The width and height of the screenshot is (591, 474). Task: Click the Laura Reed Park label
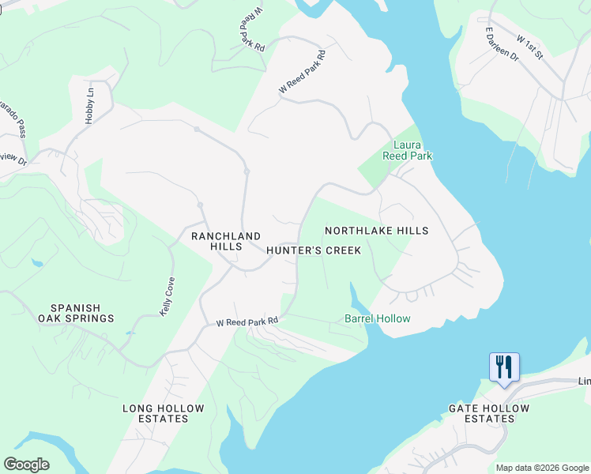pos(412,150)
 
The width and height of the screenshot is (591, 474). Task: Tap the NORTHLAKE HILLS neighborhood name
pos(377,231)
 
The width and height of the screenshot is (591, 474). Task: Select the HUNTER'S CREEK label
pos(313,250)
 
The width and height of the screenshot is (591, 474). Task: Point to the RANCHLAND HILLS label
pos(226,241)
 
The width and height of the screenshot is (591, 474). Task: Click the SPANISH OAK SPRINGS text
pos(82,313)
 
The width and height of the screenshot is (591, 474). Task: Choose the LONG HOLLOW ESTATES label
pos(164,413)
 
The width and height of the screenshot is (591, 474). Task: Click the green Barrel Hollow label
pos(377,318)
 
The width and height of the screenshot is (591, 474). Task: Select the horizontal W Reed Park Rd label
pos(248,322)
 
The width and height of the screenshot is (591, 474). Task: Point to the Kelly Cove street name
pos(167,297)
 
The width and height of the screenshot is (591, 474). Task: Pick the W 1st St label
pos(530,47)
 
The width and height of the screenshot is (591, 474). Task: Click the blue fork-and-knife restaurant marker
pos(504,367)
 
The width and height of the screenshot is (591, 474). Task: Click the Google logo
pos(26,465)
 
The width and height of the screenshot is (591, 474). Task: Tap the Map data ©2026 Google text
pos(541,468)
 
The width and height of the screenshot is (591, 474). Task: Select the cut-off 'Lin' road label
pos(584,382)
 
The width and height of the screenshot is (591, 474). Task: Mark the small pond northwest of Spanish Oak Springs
pos(36,262)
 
